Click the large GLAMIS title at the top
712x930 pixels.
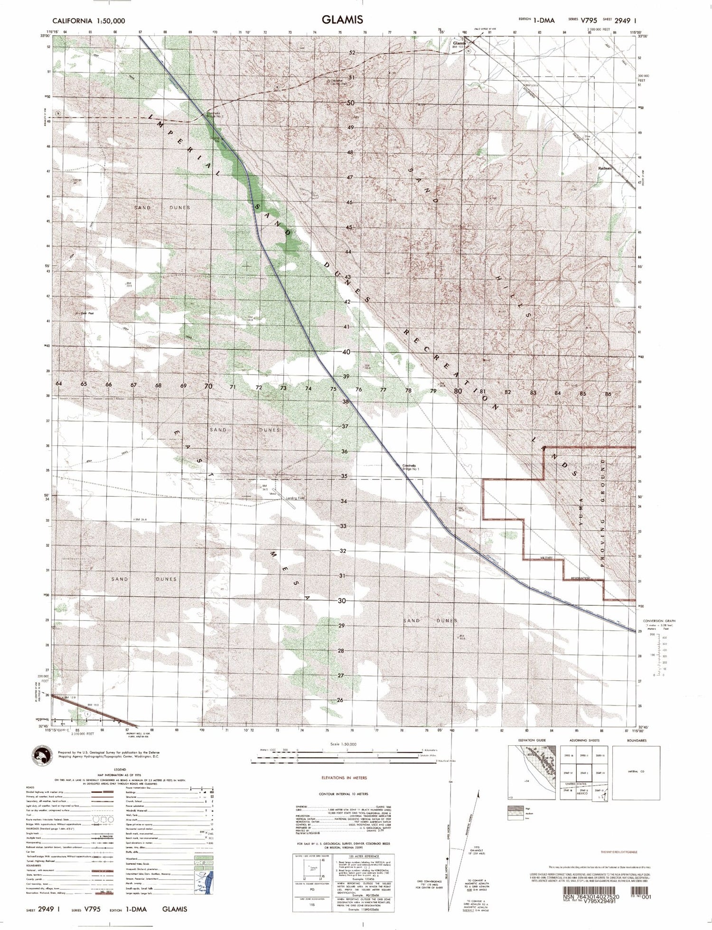(x=342, y=19)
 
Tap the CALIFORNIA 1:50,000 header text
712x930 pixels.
(x=89, y=21)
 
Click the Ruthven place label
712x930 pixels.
(x=605, y=168)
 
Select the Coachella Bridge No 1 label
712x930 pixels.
(x=411, y=467)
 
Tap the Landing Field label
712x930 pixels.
(x=295, y=498)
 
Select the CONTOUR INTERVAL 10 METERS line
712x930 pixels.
(x=344, y=794)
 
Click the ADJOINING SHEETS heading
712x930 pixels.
(x=583, y=741)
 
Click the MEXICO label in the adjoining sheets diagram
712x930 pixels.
(x=582, y=793)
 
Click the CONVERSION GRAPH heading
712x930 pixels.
(x=659, y=621)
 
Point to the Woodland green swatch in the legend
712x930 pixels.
(x=204, y=859)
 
